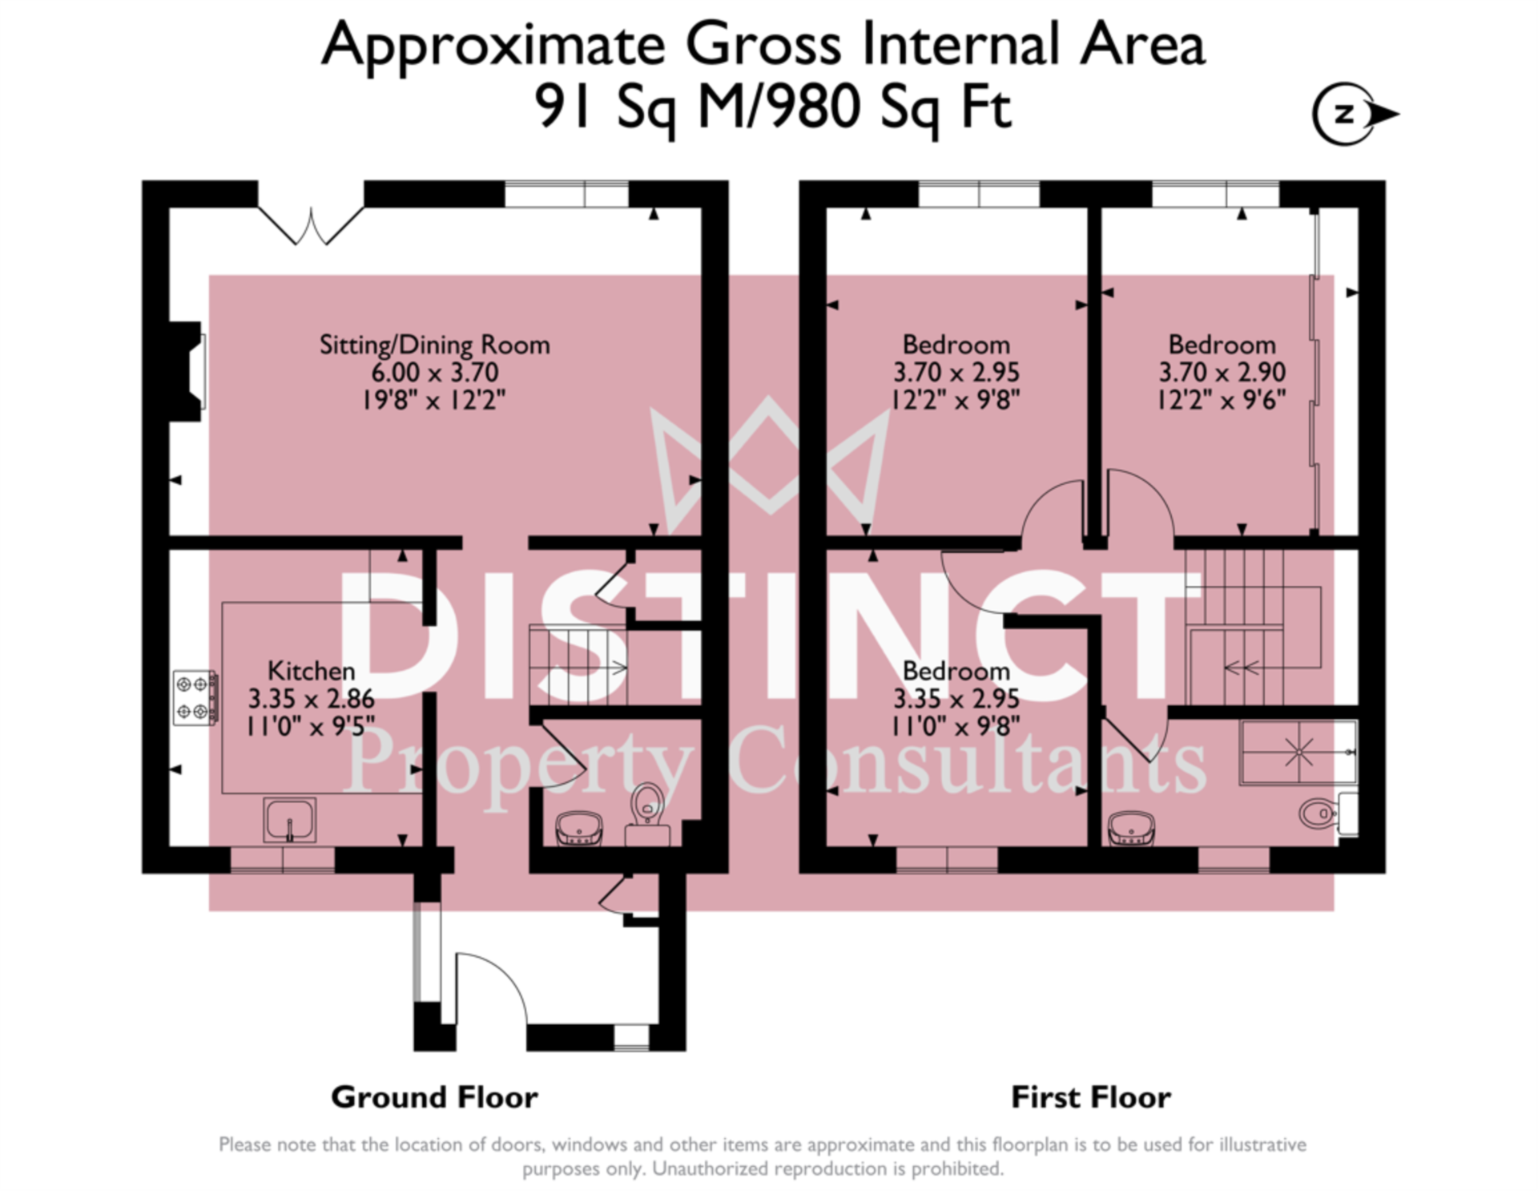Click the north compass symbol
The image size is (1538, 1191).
(1355, 114)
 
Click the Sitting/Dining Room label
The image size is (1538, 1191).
(434, 345)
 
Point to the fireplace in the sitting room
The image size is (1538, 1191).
(187, 371)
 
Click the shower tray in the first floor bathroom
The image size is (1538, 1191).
(1298, 752)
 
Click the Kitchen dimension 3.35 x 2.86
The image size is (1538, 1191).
(311, 698)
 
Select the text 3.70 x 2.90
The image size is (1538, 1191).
(1222, 372)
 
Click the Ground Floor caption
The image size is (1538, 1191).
(434, 1096)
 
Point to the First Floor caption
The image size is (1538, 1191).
(1091, 1096)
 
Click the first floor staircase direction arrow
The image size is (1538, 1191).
(1242, 667)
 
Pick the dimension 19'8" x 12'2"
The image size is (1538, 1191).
(434, 399)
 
